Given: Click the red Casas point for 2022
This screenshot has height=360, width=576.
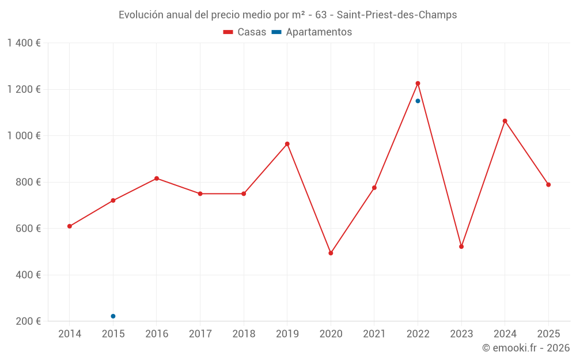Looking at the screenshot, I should [x=418, y=84].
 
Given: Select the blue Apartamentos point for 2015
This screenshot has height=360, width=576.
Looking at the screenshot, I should [x=113, y=316].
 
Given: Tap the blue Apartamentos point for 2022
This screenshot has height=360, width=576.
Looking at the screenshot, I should [x=418, y=101].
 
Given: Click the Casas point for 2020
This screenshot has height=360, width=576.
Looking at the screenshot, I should [x=331, y=253].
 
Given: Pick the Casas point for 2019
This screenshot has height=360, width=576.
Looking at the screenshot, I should [x=287, y=144].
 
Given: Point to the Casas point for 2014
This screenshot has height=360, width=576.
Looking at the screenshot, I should [x=70, y=226].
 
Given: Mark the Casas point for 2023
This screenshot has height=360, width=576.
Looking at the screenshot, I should [x=461, y=247].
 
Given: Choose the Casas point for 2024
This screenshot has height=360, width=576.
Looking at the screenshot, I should [x=505, y=121].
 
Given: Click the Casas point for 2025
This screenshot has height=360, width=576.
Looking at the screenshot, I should [x=548, y=185].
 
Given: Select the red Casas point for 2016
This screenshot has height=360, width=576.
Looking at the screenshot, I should [x=157, y=179].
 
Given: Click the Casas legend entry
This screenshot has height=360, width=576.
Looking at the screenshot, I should [x=245, y=32].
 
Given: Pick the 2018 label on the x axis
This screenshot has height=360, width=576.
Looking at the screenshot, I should [x=244, y=334].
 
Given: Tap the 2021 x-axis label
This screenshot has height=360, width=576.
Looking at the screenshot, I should [x=374, y=334].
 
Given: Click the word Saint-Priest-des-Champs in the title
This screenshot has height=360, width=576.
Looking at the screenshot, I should [x=397, y=15].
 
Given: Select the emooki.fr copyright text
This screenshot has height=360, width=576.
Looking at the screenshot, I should [x=526, y=348].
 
